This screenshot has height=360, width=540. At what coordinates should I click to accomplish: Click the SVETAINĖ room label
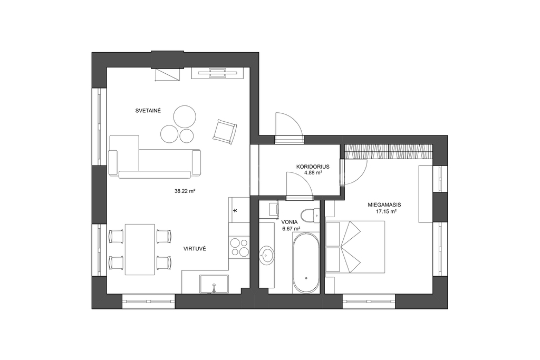(148, 111)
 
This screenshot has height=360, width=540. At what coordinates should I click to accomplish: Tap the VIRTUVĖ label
(195, 248)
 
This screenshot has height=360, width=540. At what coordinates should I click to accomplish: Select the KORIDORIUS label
(313, 167)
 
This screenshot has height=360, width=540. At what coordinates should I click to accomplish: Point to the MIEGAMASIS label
(384, 205)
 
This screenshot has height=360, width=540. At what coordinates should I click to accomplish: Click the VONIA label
(290, 222)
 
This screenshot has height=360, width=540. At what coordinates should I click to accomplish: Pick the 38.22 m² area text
(185, 191)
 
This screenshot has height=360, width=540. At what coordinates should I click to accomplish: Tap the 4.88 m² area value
(313, 173)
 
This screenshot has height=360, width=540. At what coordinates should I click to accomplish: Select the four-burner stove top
(239, 247)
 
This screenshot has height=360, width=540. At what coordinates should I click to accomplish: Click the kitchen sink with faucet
(214, 285)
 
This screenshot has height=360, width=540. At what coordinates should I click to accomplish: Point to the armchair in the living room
(225, 131)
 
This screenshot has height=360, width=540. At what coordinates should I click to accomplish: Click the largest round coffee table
(185, 116)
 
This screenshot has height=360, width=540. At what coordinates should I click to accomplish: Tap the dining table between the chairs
(139, 249)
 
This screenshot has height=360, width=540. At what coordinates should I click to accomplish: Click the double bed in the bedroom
(355, 247)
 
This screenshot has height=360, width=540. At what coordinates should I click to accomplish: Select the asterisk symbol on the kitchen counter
(236, 210)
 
